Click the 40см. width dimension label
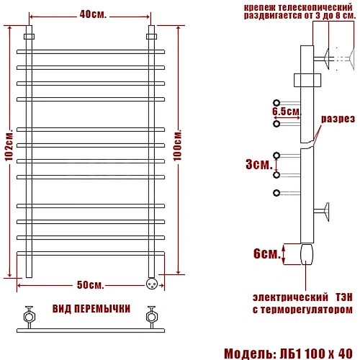93,14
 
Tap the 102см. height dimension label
9,145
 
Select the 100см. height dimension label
178,145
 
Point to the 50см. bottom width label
91,285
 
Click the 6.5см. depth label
287,111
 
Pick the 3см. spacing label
259,164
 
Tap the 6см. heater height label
267,253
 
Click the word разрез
338,119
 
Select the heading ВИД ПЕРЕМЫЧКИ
91,309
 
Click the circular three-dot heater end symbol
152,284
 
